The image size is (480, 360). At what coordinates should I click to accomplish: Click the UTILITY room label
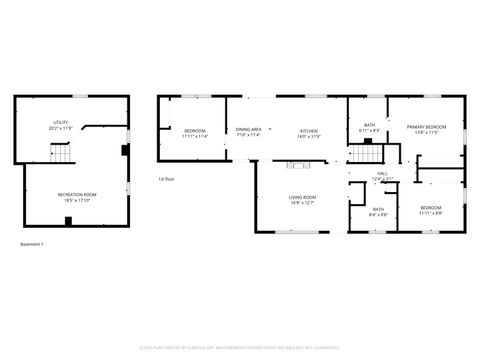pos(60,124)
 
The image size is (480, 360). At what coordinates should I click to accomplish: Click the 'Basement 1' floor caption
pos(32,243)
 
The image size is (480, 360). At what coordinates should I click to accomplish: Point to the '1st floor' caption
pos(166,179)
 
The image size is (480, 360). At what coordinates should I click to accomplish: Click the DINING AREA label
pos(248,129)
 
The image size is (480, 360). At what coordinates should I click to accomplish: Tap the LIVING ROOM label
pos(302,197)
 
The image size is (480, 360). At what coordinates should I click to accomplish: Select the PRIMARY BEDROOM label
pos(425,126)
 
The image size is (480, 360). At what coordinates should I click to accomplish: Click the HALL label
pos(382,174)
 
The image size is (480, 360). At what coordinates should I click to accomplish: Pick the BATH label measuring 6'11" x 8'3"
pos(369,125)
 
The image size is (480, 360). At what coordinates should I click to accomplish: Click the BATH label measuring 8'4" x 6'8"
pos(379,209)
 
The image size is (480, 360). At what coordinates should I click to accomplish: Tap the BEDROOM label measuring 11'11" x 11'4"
pos(194,130)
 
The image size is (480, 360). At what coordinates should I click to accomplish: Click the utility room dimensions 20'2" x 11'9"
pos(60,130)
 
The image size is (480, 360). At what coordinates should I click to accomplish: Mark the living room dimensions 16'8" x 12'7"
pos(302,203)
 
